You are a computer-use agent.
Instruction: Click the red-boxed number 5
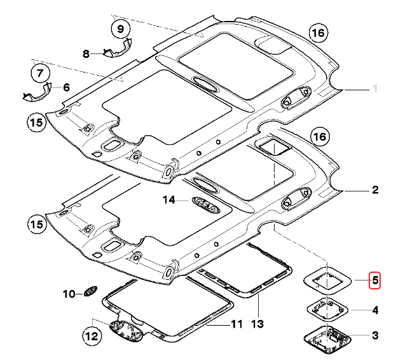tap(375, 279)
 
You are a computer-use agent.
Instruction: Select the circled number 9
tap(120, 29)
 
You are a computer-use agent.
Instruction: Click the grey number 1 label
tap(375, 88)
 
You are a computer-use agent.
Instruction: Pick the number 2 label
tap(375, 190)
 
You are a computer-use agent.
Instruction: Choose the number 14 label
tap(168, 200)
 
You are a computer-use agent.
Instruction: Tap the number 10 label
tap(69, 294)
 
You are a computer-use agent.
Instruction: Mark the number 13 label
tap(257, 324)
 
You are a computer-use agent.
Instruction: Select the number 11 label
tap(236, 324)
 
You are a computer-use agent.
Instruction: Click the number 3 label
tap(375, 335)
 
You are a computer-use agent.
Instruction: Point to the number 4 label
tap(375, 310)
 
